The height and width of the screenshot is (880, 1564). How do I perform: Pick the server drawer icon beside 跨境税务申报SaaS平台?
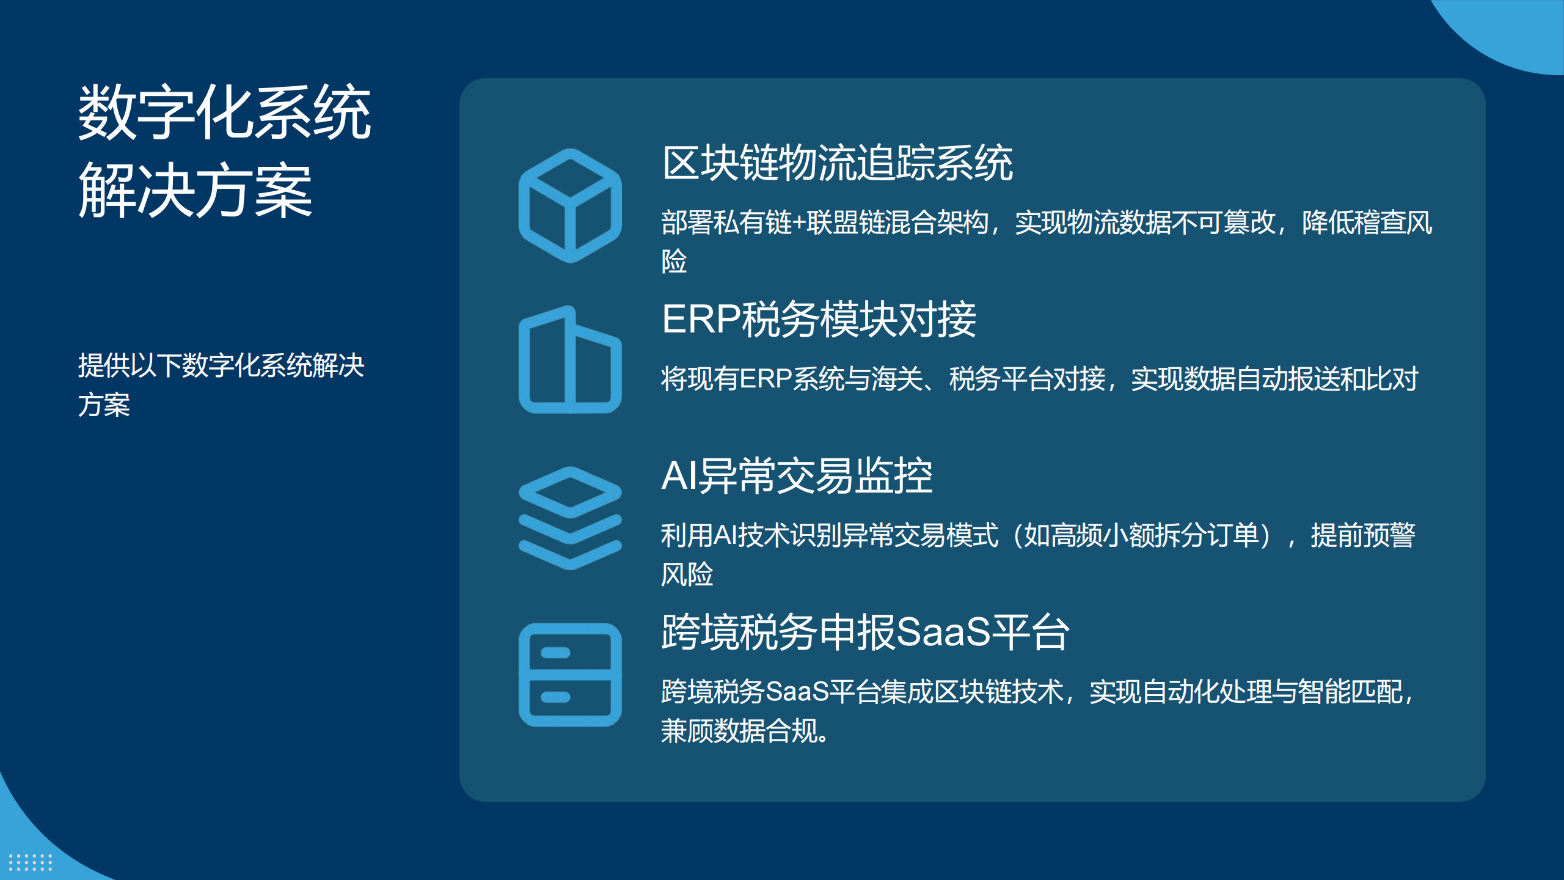[x=570, y=675]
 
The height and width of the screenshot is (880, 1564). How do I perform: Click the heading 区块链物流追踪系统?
[x=838, y=163]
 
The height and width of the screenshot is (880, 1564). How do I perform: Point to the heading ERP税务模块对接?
[x=819, y=320]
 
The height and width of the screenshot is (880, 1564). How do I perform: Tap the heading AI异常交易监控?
[x=797, y=476]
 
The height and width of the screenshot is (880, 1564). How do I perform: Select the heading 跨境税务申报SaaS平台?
[x=865, y=632]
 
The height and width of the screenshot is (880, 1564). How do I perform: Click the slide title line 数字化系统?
[x=224, y=112]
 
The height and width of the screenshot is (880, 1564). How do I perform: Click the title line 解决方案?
[x=195, y=191]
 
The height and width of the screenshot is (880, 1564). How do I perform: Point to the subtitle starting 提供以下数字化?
[x=221, y=385]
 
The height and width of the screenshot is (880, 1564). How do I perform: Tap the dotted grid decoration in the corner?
[x=31, y=862]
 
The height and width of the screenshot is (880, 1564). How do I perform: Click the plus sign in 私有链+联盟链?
[x=799, y=223]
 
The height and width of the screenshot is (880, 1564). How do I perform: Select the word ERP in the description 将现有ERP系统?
[x=766, y=380]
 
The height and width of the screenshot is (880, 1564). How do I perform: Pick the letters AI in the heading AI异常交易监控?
[x=679, y=476]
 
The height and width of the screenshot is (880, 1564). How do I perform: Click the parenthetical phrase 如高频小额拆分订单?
[x=1141, y=536]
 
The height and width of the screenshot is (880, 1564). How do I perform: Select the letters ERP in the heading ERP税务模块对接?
[x=701, y=320]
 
